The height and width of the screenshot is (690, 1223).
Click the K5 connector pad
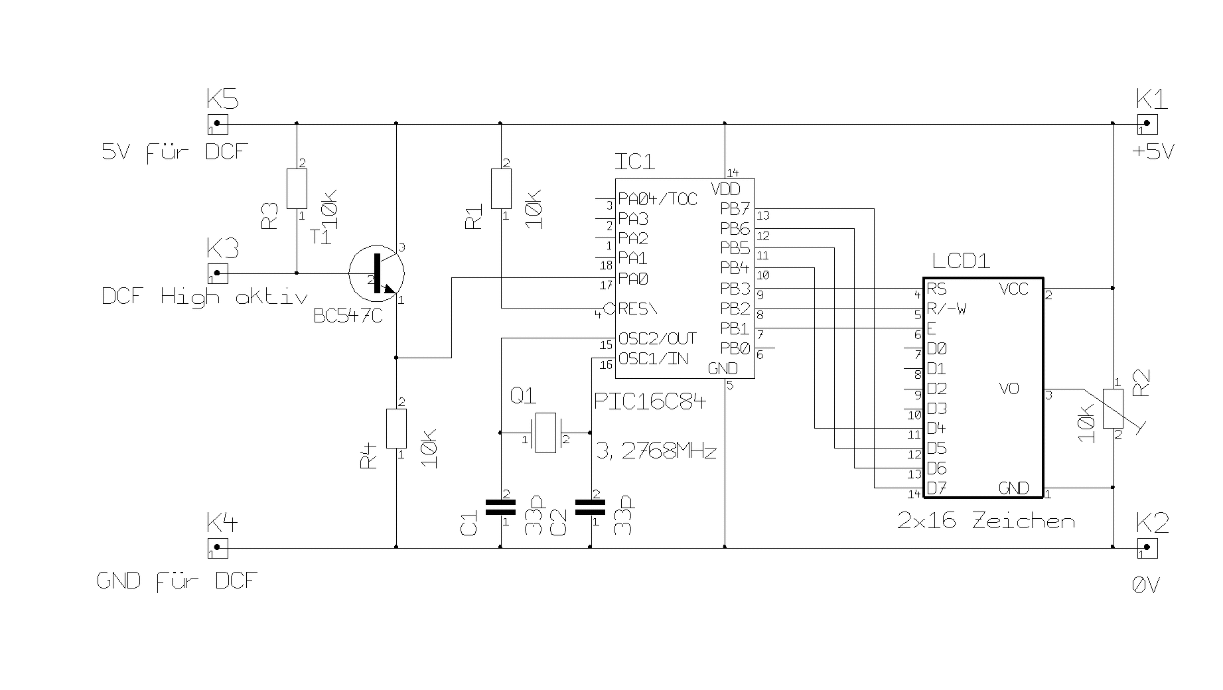pyautogui.click(x=218, y=123)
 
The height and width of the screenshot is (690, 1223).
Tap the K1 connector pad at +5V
pyautogui.click(x=1147, y=123)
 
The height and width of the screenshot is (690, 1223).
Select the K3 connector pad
pyautogui.click(x=218, y=273)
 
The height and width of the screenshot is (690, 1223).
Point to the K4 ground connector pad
pyautogui.click(x=218, y=548)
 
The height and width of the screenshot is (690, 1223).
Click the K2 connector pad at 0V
pyautogui.click(x=1147, y=548)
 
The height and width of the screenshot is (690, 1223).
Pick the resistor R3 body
pyautogui.click(x=297, y=188)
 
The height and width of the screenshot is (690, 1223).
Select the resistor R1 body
pyautogui.click(x=501, y=188)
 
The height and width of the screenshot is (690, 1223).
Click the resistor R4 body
pyautogui.click(x=396, y=429)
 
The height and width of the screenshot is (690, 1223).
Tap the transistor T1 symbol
pyautogui.click(x=377, y=273)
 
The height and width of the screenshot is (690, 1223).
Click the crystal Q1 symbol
pyautogui.click(x=545, y=433)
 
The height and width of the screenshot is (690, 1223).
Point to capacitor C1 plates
pyautogui.click(x=500, y=507)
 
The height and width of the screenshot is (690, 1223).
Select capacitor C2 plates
pyautogui.click(x=590, y=507)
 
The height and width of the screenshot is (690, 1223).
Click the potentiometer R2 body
pyautogui.click(x=1113, y=409)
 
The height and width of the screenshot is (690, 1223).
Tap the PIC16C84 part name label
pyautogui.click(x=650, y=401)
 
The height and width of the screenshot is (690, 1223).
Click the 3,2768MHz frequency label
pyautogui.click(x=656, y=452)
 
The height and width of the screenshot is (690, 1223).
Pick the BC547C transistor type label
pyautogui.click(x=348, y=316)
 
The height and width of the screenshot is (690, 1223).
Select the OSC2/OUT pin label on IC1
pyautogui.click(x=657, y=338)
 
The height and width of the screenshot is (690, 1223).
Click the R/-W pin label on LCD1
pyautogui.click(x=946, y=309)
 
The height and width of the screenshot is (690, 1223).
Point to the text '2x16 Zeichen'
pyautogui.click(x=985, y=521)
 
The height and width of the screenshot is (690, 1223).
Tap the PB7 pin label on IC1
pyautogui.click(x=735, y=209)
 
